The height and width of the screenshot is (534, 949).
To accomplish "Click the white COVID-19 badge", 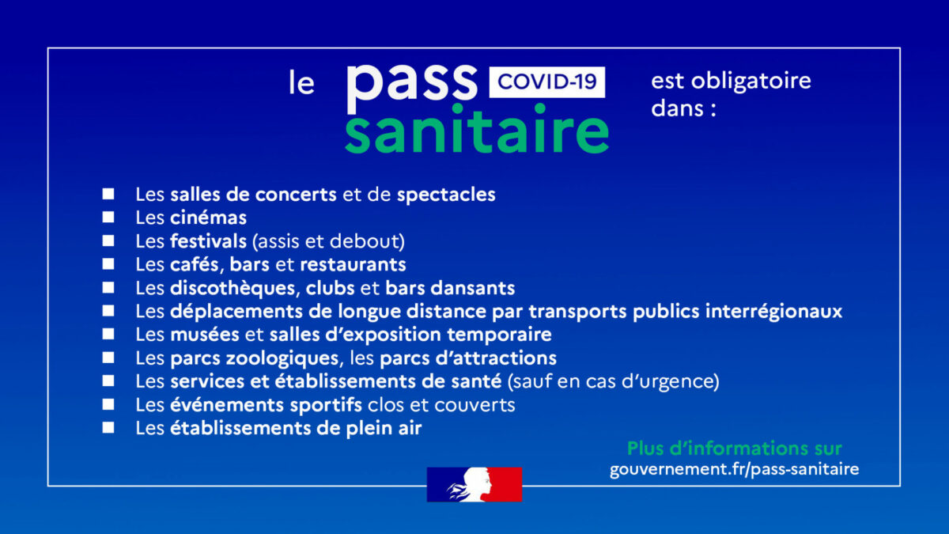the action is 547,82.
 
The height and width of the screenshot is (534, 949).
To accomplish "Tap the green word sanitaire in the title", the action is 477,129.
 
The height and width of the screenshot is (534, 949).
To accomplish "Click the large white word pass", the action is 412,86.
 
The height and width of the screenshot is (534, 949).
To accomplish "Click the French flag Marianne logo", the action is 475,484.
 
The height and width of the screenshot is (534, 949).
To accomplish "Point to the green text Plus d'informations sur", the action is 734,449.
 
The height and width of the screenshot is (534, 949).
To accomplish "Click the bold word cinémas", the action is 208,218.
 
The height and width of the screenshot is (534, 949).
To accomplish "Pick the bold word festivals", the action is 208,241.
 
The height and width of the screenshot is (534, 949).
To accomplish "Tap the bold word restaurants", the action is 353,265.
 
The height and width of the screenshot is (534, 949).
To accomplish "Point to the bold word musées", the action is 205,335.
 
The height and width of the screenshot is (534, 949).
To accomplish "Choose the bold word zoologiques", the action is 282,358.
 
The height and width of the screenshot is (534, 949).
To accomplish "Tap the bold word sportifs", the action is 326,405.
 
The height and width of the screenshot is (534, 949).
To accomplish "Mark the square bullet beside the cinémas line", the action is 108,217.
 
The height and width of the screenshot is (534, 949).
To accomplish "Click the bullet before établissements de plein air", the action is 108,427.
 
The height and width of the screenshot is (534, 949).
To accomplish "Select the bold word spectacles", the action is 446,195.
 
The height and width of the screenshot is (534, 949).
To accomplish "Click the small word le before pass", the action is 301,82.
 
